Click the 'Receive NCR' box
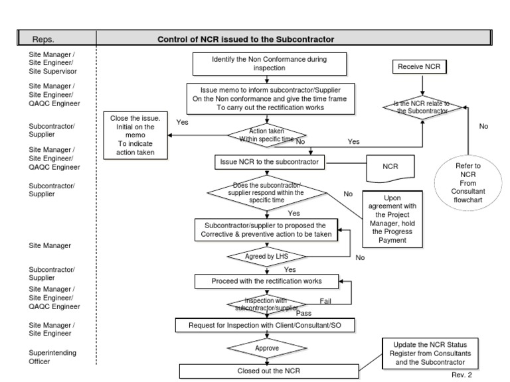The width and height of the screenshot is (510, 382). click(419, 67)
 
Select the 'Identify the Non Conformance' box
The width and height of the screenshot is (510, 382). click(269, 64)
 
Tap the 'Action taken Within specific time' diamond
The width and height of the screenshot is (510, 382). click(267, 135)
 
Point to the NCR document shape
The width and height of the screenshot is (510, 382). click(390, 167)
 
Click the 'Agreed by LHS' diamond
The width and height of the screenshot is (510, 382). click(267, 257)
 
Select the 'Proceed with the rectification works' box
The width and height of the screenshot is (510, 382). click(267, 281)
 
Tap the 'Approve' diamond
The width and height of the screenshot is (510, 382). click(267, 347)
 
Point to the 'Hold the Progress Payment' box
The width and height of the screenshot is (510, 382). click(392, 219)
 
